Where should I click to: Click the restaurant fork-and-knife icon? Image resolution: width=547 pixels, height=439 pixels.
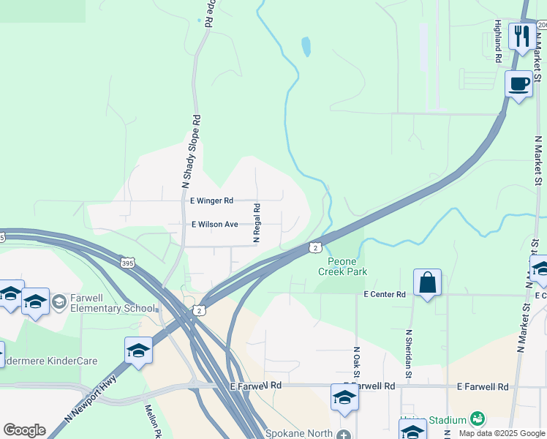(521, 36)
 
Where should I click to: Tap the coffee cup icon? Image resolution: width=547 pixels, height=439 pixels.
(518, 84)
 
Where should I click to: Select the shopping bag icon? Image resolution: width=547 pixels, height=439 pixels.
(427, 282)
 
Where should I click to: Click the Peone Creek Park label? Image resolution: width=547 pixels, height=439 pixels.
(342, 266)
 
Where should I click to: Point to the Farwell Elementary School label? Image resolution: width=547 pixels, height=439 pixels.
(113, 303)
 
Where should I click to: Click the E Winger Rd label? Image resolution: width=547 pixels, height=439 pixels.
(211, 200)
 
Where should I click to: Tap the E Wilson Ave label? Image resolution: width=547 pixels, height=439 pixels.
(215, 225)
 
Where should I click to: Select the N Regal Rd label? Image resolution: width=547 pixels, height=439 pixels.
(257, 223)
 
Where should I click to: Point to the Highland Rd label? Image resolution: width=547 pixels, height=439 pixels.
(497, 40)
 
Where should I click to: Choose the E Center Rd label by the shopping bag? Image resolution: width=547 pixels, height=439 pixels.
(385, 294)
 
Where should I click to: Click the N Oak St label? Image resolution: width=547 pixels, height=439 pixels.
(357, 363)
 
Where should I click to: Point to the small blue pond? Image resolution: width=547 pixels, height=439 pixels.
(306, 48)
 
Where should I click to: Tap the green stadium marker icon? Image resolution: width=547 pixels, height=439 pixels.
(478, 419)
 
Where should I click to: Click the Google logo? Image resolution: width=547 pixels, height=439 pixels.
(24, 430)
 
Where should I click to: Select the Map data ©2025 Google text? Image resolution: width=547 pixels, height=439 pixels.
(501, 433)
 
